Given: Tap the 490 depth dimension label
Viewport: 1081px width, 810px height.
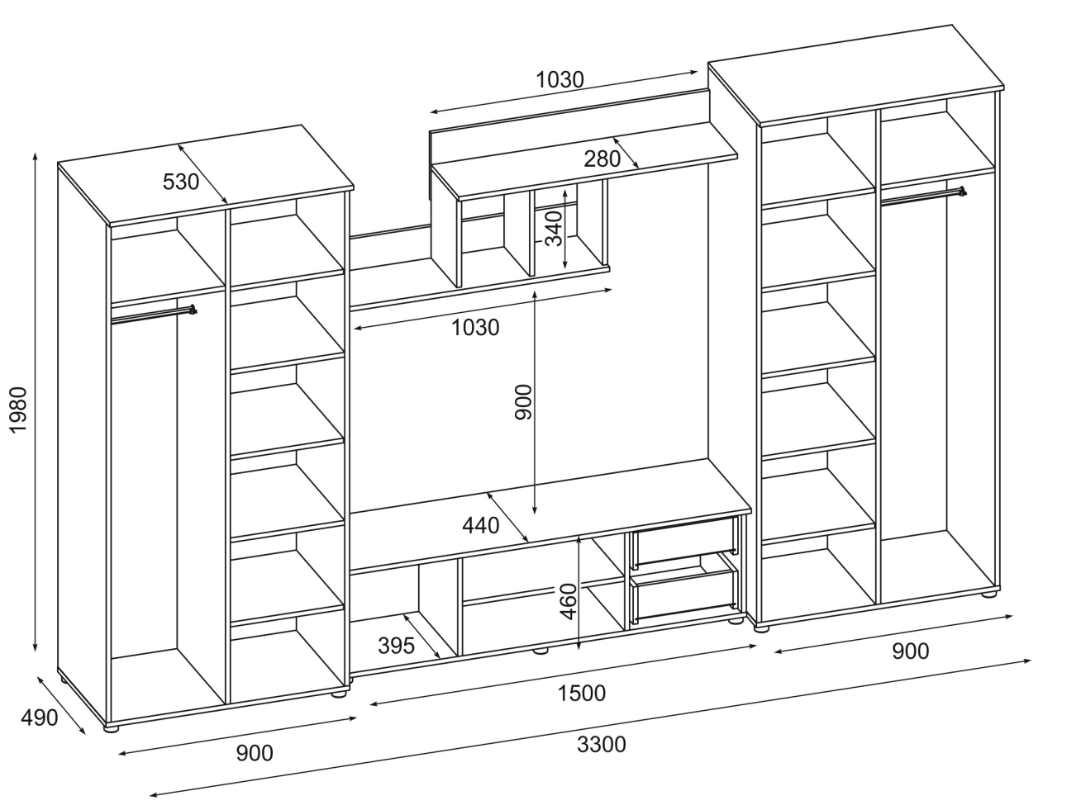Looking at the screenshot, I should coord(38,718).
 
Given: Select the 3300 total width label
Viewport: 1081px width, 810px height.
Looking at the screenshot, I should coord(601,745).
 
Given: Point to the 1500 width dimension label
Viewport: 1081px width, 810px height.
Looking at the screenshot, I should coord(581,693).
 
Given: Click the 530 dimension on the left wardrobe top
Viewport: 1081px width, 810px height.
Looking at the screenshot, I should coord(181,181).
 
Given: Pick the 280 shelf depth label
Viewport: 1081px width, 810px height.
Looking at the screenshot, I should coord(602,159).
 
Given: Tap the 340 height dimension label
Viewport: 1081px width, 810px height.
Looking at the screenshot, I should coord(553,229).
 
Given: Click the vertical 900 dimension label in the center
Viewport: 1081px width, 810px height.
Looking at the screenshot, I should coord(524,402).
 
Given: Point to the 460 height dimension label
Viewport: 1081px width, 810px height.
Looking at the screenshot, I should coord(568,601).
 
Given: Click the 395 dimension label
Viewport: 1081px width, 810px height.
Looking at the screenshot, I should coord(396,646).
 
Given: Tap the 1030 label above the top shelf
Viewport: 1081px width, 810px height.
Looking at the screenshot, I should coord(560,80).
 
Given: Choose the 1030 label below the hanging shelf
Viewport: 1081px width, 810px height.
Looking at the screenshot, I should coord(475,328).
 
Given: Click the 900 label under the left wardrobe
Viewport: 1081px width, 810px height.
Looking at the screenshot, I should coord(255,753).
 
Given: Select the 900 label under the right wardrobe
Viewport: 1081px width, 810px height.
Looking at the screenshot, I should coord(910,651).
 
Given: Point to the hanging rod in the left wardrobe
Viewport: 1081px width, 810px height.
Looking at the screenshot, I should coord(154,314).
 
